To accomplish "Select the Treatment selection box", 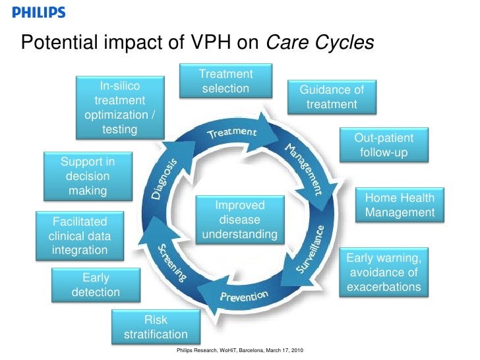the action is (x=225, y=81).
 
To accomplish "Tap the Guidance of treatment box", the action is (x=332, y=97).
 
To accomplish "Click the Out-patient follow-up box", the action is (x=384, y=145).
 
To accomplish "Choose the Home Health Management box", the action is (x=400, y=205).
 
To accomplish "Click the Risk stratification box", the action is (x=156, y=327).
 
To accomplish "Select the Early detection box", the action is (x=96, y=284).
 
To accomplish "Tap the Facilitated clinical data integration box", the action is (x=79, y=235).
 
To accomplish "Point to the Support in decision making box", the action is (x=88, y=176).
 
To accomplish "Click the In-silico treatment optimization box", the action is (x=119, y=107).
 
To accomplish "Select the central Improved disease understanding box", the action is (x=239, y=220).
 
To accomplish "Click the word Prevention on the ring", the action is (x=243, y=296).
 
